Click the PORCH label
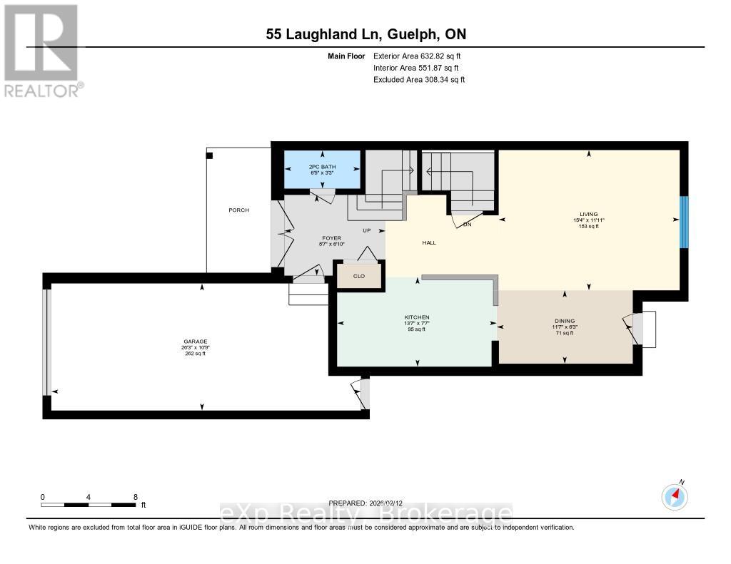238,210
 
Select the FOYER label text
331,238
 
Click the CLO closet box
358,275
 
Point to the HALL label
429,242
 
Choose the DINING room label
564,321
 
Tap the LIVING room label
589,214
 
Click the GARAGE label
195,342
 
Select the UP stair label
368,230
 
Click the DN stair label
468,224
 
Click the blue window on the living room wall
683,222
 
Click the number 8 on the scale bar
135,496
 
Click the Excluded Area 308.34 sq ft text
419,80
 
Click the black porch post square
209,155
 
